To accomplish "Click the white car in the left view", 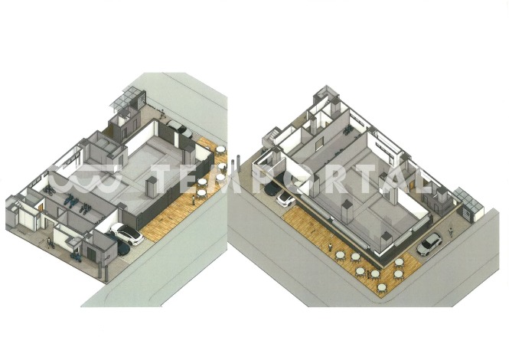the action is click(x=127, y=234).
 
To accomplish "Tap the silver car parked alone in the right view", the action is click(x=429, y=244).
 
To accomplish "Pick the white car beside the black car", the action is click(x=285, y=199).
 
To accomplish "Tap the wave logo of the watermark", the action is click(x=86, y=178).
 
